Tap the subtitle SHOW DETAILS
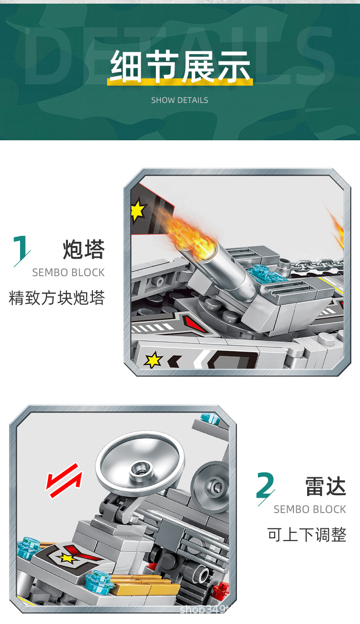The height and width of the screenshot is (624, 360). (180, 100)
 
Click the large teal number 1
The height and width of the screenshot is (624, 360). (21, 250)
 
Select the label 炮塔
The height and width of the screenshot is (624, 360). (84, 250)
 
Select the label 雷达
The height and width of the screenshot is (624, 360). (325, 486)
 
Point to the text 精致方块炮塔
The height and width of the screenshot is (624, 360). (57, 298)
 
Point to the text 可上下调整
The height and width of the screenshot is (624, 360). (307, 535)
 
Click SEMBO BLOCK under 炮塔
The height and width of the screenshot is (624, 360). (68, 273)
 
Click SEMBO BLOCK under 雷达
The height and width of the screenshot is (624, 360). (310, 510)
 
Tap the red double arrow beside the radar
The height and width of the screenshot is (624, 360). (64, 481)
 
